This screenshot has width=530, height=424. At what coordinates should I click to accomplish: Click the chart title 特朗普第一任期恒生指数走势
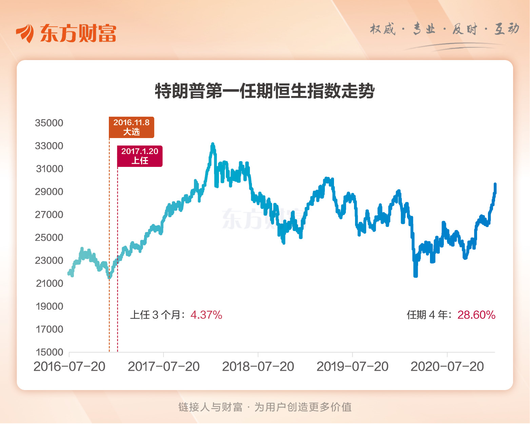pyautogui.click(x=264, y=91)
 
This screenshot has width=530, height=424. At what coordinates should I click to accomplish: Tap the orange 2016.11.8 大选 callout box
pyautogui.click(x=131, y=127)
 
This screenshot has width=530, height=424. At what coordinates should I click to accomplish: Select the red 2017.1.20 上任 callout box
pyautogui.click(x=140, y=156)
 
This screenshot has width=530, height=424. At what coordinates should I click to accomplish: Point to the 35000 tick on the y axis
pyautogui.click(x=49, y=123)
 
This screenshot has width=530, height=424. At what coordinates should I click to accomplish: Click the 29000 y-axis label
pyautogui.click(x=49, y=192)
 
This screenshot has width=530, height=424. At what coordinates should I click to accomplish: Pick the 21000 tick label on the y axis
pyautogui.click(x=50, y=283)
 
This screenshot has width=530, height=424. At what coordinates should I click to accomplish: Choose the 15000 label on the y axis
pyautogui.click(x=50, y=352)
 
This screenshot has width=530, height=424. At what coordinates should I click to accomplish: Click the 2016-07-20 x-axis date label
pyautogui.click(x=70, y=367)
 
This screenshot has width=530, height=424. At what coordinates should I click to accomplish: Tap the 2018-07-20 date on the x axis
pyautogui.click(x=258, y=367)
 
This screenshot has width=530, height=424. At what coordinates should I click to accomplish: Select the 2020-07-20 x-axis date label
pyautogui.click(x=447, y=367)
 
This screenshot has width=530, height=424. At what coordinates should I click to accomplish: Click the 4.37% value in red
pyautogui.click(x=206, y=315)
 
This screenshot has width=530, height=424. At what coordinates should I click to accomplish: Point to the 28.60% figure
pyautogui.click(x=476, y=315)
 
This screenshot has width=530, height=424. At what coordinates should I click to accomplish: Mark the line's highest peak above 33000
pyautogui.click(x=213, y=144)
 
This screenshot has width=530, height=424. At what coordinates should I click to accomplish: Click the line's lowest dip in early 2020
pyautogui.click(x=416, y=275)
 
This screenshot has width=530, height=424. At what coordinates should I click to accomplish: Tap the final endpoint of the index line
pyautogui.click(x=495, y=184)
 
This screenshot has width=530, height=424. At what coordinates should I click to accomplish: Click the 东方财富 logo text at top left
pyautogui.click(x=78, y=33)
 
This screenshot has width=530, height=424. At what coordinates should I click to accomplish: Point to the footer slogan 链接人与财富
pyautogui.click(x=210, y=407)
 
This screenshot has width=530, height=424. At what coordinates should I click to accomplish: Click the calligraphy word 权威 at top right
pyautogui.click(x=383, y=29)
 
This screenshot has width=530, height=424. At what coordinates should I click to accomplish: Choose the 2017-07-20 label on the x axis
pyautogui.click(x=164, y=367)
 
